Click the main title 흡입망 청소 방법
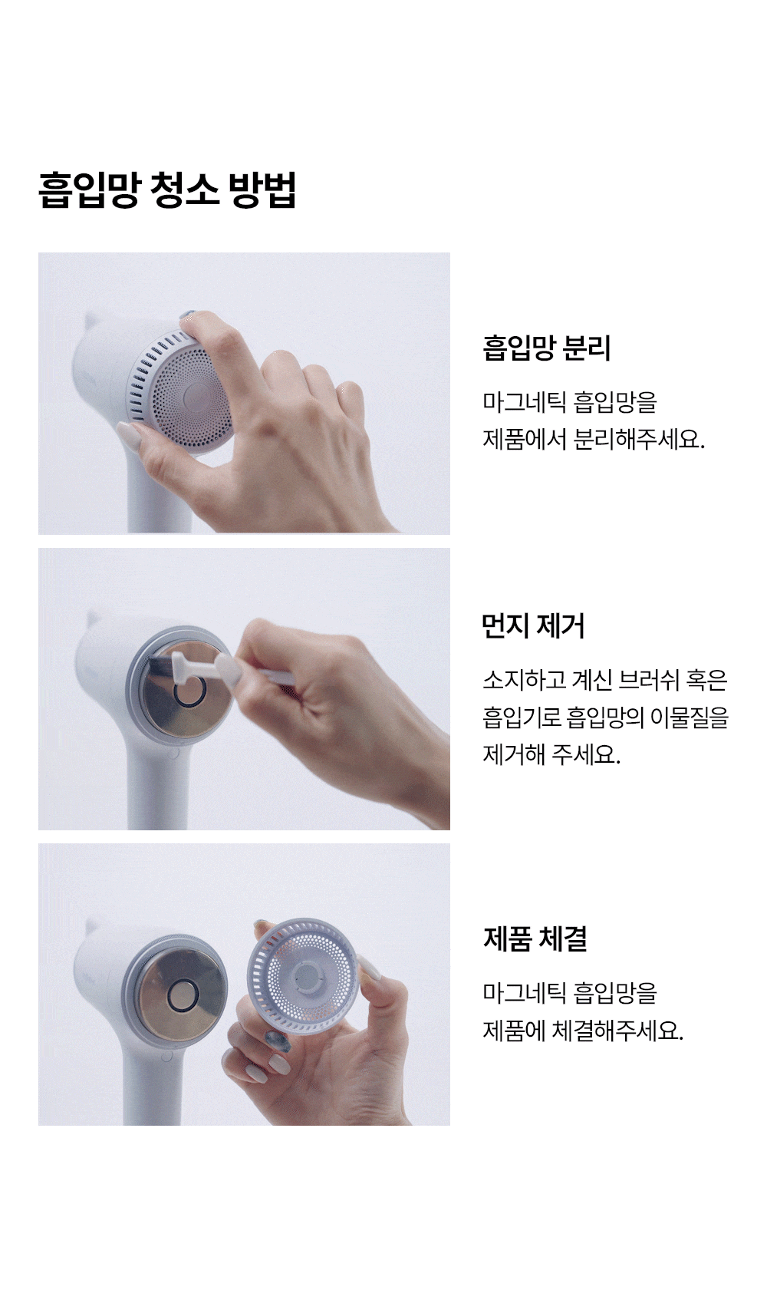pyautogui.click(x=167, y=190)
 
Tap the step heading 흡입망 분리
pyautogui.click(x=546, y=348)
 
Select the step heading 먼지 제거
pyautogui.click(x=532, y=626)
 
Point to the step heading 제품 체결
pyautogui.click(x=535, y=938)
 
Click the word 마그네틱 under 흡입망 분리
pyautogui.click(x=523, y=402)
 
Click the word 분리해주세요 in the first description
pyautogui.click(x=638, y=439)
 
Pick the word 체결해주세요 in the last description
pyautogui.click(x=617, y=1031)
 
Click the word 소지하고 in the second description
pyautogui.click(x=524, y=680)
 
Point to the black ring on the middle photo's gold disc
pyautogui.click(x=189, y=691)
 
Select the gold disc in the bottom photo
pyautogui.click(x=181, y=996)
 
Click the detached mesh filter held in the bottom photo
pyautogui.click(x=301, y=977)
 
